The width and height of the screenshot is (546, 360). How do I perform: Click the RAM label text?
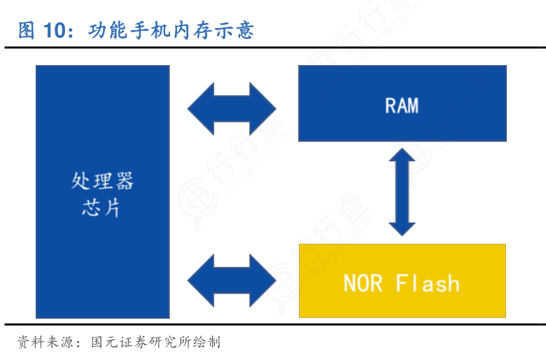402,106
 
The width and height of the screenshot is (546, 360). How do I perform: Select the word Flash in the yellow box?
428,283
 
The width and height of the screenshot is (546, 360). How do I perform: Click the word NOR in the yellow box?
363,283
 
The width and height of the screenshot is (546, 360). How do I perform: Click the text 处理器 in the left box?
102,181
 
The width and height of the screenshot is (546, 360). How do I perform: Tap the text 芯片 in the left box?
102,207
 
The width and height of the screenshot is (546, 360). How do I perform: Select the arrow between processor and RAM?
232,109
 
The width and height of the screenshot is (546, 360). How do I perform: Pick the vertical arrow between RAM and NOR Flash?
402,192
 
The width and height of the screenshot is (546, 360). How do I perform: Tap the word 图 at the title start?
27,30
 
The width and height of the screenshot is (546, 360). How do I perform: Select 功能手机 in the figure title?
129,30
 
